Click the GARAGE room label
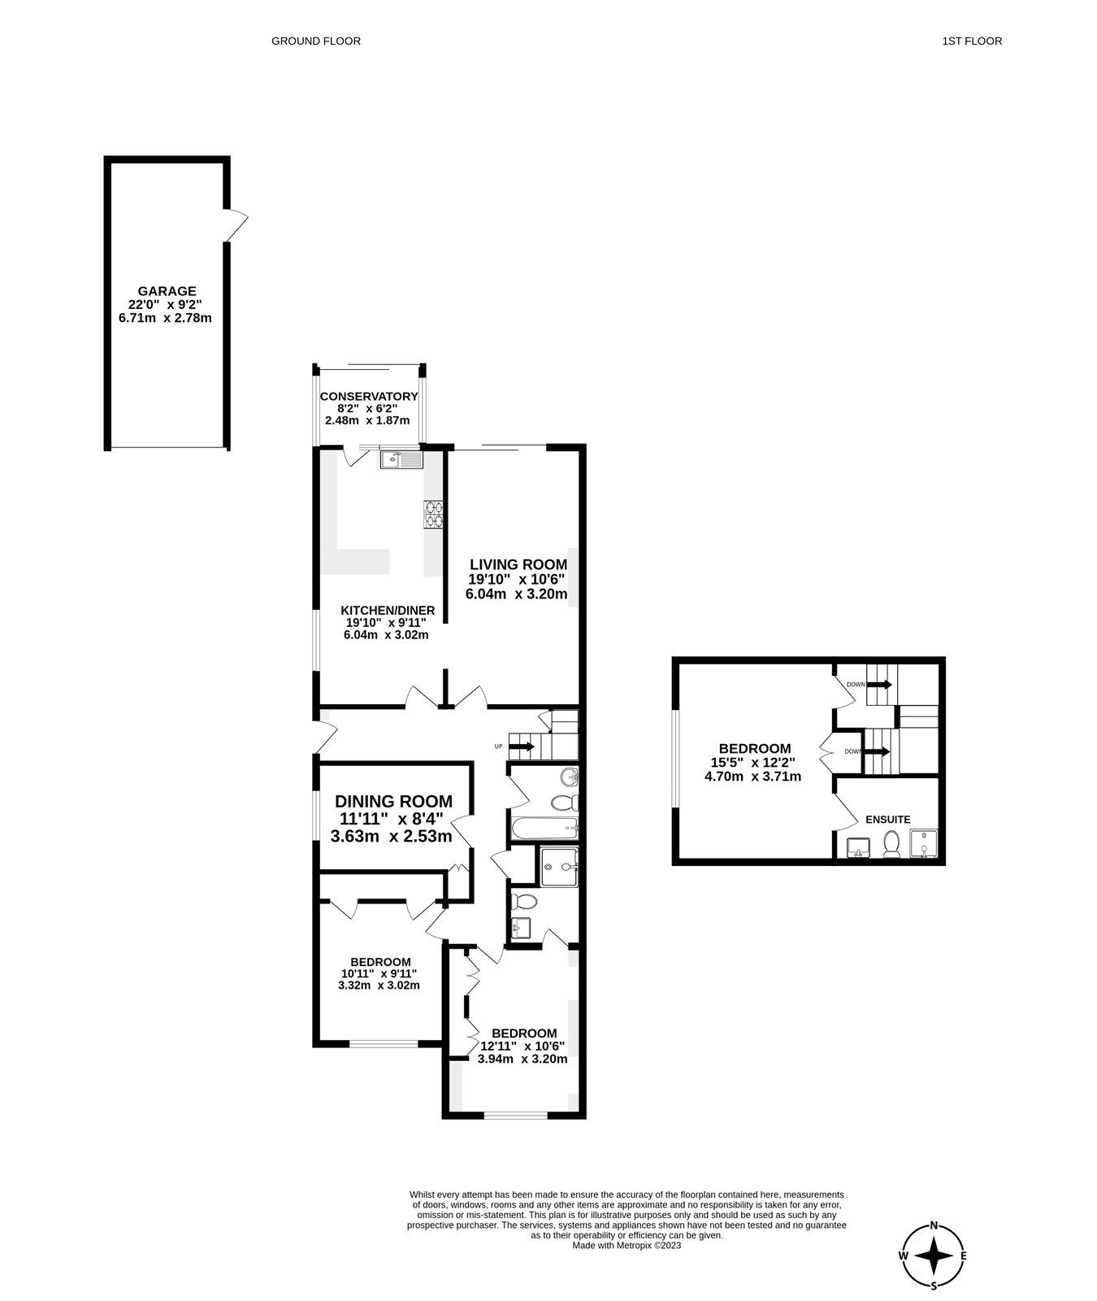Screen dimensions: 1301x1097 click(167, 290)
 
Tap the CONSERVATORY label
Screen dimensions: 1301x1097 click(368, 397)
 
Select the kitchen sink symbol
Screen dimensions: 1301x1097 click(401, 461)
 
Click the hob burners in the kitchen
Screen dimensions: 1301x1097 click(432, 515)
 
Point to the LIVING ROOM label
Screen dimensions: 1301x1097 click(518, 564)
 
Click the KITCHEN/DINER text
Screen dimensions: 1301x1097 click(388, 611)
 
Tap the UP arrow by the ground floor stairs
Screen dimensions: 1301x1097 click(521, 746)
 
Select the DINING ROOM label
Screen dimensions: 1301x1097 click(393, 801)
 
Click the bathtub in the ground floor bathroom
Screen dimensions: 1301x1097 click(544, 829)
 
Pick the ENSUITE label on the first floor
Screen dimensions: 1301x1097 click(887, 820)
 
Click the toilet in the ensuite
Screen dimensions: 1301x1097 click(891, 846)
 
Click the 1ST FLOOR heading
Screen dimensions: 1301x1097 click(972, 41)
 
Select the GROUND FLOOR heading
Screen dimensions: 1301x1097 click(316, 41)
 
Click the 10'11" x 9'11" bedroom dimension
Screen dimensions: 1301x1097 click(378, 973)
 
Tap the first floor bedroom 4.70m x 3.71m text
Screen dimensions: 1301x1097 click(752, 777)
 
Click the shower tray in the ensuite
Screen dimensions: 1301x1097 click(924, 844)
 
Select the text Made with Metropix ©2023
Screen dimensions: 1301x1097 click(627, 1245)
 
